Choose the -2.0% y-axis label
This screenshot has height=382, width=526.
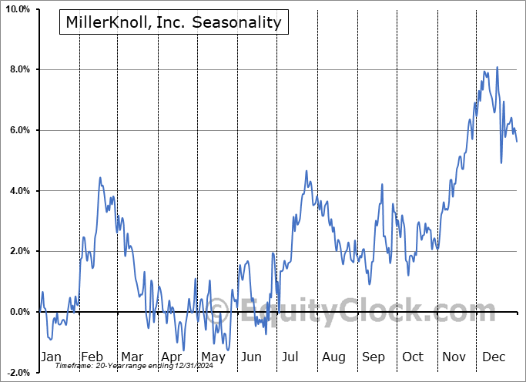click(19, 372)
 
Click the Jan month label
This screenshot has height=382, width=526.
click(51, 357)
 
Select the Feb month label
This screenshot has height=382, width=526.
click(92, 357)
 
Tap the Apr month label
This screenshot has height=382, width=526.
click(171, 357)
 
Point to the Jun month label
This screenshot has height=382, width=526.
click(252, 357)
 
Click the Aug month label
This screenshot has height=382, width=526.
click(333, 357)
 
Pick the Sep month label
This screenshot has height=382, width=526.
click(374, 357)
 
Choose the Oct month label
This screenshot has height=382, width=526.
click(414, 357)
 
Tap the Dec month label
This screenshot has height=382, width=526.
click(494, 357)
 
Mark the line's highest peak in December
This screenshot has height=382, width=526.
click(497, 67)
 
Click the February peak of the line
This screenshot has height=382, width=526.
click(100, 178)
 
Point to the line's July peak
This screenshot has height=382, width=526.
click(306, 171)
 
